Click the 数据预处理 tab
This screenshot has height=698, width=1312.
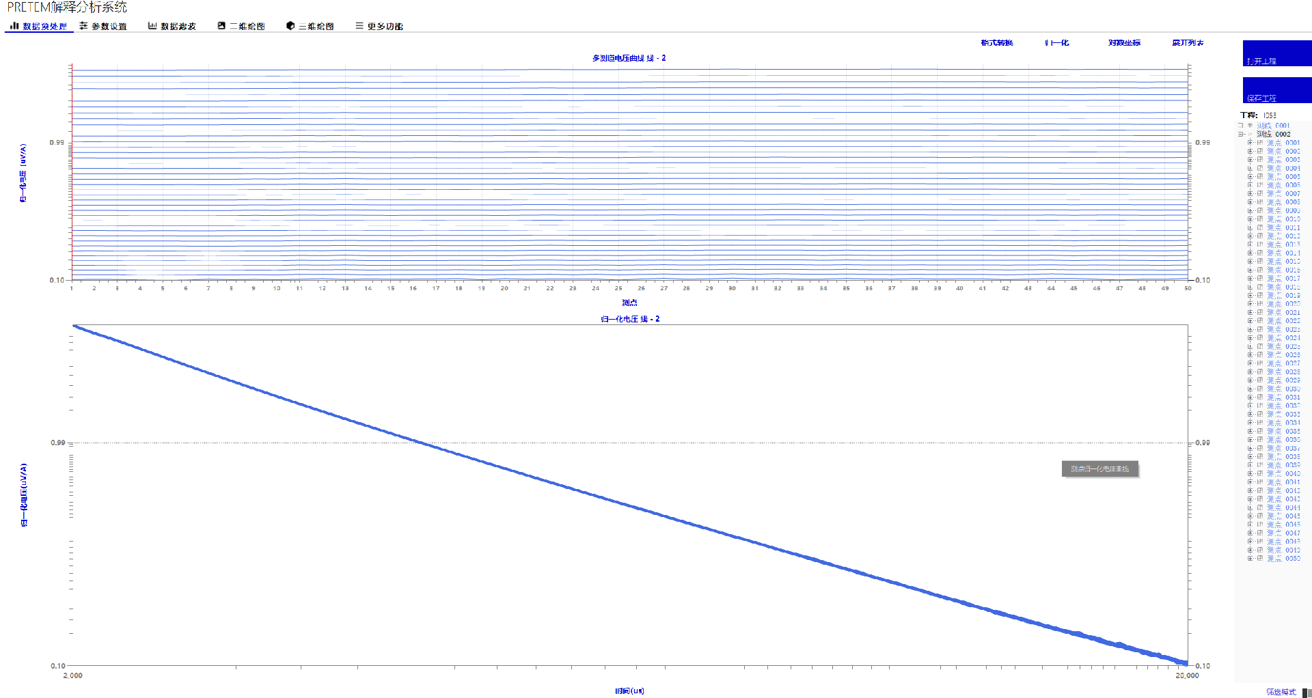pyautogui.click(x=40, y=27)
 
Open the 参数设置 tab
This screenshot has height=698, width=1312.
pyautogui.click(x=104, y=27)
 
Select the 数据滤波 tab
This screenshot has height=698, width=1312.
pyautogui.click(x=172, y=27)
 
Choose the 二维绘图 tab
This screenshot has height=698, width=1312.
pyautogui.click(x=241, y=27)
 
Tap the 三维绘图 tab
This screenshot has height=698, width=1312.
pyautogui.click(x=310, y=27)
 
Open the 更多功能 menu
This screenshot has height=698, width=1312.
pyautogui.click(x=379, y=27)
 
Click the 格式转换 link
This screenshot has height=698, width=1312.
pyautogui.click(x=997, y=43)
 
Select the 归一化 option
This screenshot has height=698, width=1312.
pyautogui.click(x=1057, y=43)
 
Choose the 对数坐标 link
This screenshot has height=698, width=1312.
pyautogui.click(x=1124, y=43)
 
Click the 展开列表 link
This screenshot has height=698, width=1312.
pyautogui.click(x=1188, y=43)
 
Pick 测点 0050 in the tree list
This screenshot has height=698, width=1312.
pyautogui.click(x=1283, y=559)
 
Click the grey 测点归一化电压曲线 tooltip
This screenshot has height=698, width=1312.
pyautogui.click(x=1099, y=469)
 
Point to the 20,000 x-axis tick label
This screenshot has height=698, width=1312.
pyautogui.click(x=1187, y=675)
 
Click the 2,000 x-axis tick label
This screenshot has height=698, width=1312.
pyautogui.click(x=73, y=675)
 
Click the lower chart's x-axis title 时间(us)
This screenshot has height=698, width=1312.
pyautogui.click(x=629, y=691)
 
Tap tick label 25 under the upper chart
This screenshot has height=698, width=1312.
pyautogui.click(x=618, y=288)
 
